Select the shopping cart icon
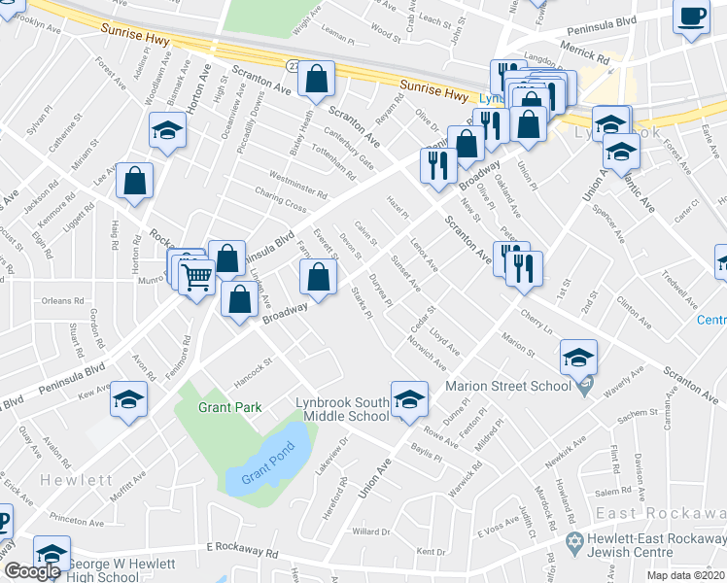[197, 278]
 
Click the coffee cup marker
[691, 17]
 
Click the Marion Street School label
[508, 386]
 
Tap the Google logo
[32, 571]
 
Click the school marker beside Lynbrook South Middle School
[409, 398]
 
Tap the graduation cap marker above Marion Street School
[578, 359]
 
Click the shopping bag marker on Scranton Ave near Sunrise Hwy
[317, 81]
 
